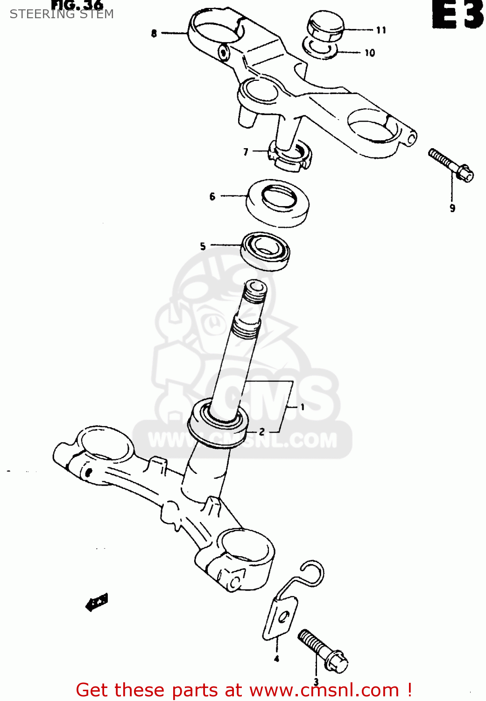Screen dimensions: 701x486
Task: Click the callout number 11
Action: click(x=381, y=30)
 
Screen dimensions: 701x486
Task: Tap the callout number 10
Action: click(x=370, y=53)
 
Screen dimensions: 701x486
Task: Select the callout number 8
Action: click(x=154, y=33)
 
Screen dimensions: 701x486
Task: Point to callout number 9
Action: click(x=452, y=208)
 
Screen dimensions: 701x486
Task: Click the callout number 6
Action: click(x=212, y=196)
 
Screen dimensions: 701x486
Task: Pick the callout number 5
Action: click(x=203, y=246)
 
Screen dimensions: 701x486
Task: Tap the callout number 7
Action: click(x=246, y=152)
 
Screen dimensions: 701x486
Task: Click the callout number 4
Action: click(x=276, y=659)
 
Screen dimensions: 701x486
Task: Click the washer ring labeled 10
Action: click(x=320, y=48)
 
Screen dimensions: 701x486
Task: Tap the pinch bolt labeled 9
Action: click(x=451, y=166)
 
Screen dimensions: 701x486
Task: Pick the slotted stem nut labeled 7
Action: click(x=289, y=157)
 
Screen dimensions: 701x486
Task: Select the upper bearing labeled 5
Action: click(x=265, y=250)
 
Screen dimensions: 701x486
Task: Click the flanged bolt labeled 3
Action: click(x=323, y=651)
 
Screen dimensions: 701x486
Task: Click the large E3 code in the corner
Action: click(x=458, y=15)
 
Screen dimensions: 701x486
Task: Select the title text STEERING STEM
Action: click(x=62, y=14)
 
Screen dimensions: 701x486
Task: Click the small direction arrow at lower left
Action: click(x=97, y=602)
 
